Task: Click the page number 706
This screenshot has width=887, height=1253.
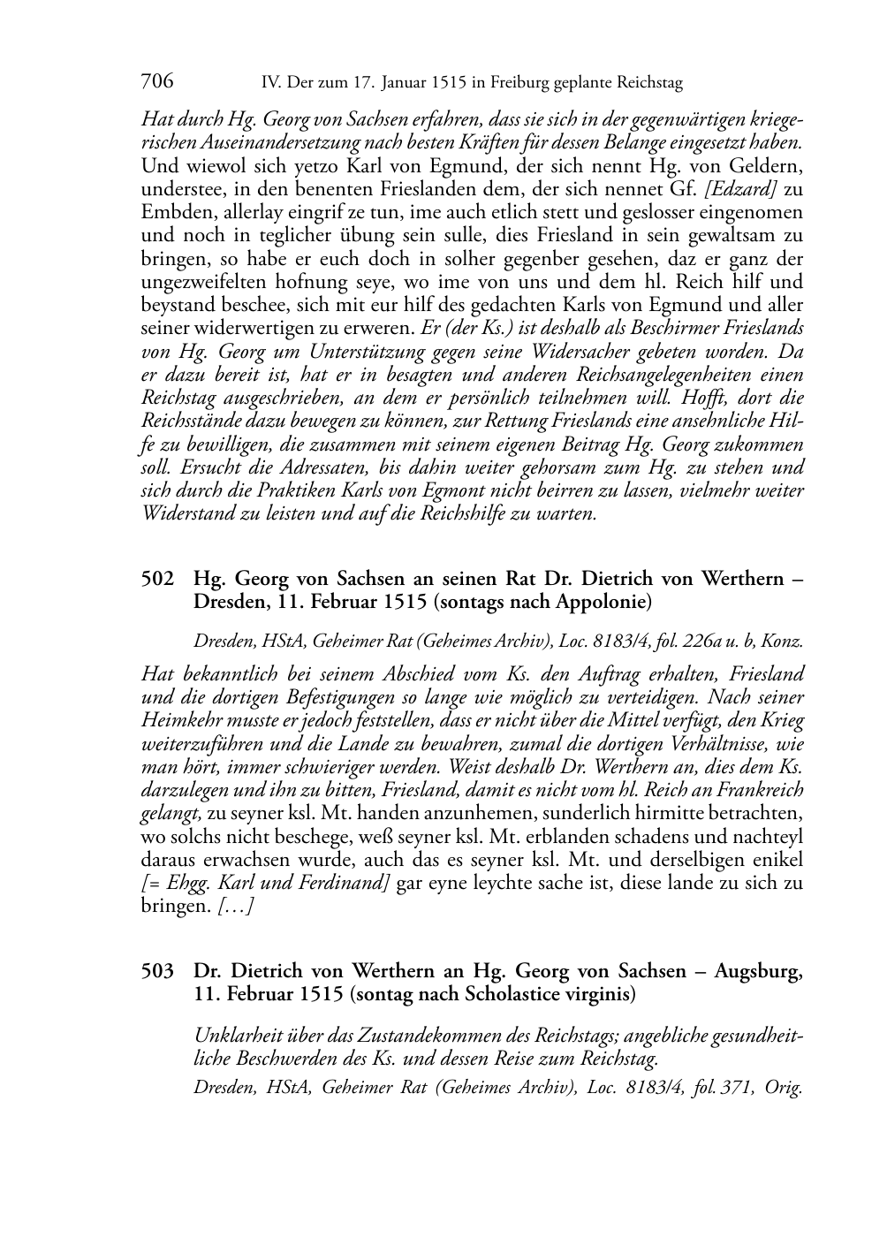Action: (x=156, y=82)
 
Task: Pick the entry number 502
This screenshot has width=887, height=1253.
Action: (x=156, y=579)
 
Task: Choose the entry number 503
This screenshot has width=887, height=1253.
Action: (x=156, y=971)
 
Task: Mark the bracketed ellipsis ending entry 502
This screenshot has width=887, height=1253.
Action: (x=236, y=907)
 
